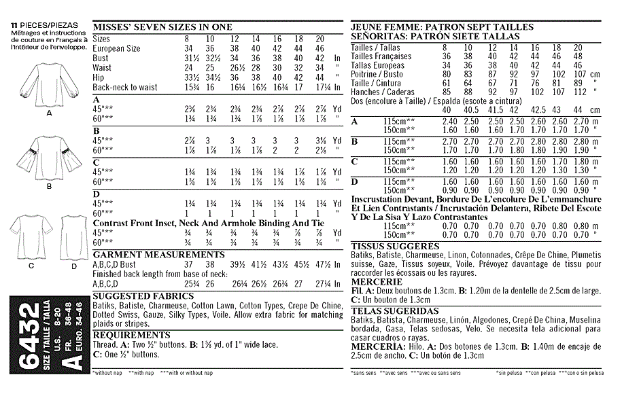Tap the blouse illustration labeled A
click(x=48, y=85)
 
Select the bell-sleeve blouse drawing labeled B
click(x=48, y=157)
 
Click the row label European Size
click(x=117, y=49)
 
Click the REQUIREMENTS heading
click(x=131, y=335)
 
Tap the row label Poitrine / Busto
click(x=377, y=74)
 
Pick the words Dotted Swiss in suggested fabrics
click(x=116, y=315)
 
